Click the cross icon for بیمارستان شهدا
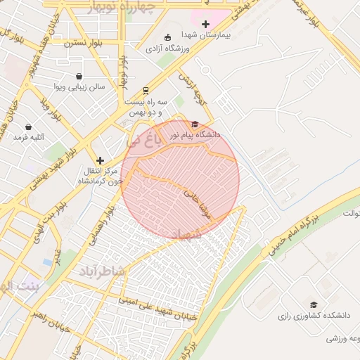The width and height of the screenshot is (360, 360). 205,25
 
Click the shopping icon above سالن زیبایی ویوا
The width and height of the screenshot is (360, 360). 79,76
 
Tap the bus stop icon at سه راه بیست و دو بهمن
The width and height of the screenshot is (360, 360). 146,90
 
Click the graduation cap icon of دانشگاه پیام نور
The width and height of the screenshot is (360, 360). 195,124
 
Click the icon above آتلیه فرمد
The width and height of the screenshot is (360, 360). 29,127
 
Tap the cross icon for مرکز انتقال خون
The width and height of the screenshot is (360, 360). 100,160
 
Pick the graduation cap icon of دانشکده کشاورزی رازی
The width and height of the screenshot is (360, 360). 314,304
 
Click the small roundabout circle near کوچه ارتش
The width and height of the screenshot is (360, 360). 206,70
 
